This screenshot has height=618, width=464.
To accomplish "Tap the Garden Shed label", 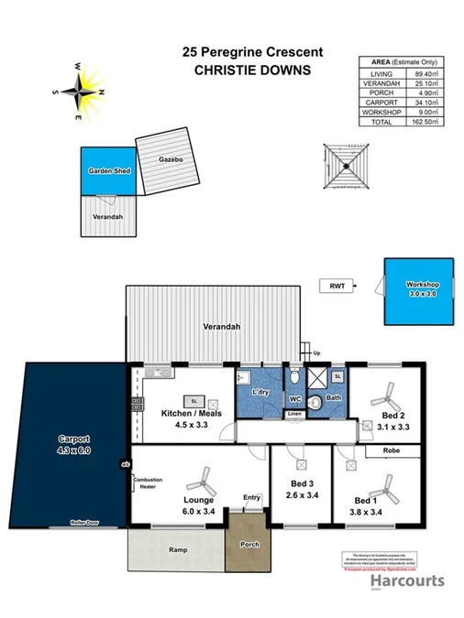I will point(106,171).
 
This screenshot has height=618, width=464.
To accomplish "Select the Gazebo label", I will point(165,159).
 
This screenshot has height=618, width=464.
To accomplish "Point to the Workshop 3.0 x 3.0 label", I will point(423,289).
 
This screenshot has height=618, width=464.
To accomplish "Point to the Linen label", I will point(294,415).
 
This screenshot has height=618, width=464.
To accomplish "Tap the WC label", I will point(295,399).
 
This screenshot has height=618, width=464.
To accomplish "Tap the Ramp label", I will point(178,550).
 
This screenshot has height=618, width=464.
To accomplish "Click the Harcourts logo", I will point(406,580).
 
